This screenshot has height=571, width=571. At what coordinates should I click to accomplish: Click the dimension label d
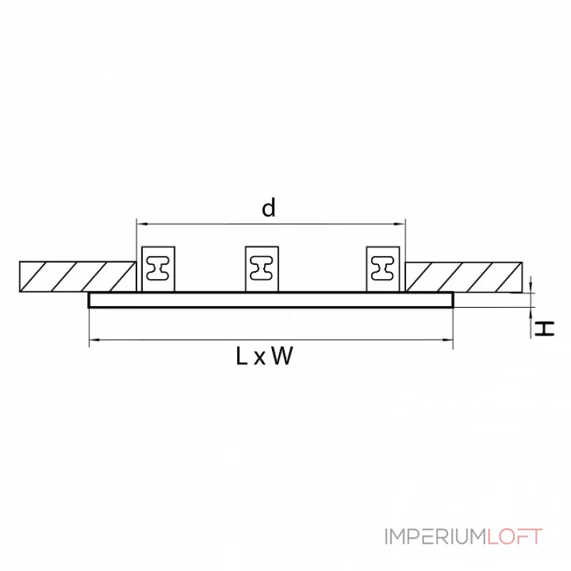click(x=268, y=208)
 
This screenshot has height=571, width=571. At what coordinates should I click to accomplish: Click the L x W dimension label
click(x=264, y=356)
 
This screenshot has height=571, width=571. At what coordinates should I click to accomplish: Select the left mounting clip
click(x=158, y=268)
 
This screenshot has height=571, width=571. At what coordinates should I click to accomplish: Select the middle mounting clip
click(x=261, y=268)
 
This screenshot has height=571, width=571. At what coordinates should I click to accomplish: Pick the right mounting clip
click(x=383, y=268)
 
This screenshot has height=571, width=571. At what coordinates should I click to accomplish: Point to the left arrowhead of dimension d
click(x=141, y=224)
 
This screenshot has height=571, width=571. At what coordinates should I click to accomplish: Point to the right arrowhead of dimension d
click(x=401, y=224)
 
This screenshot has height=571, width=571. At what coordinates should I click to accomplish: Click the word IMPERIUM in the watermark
click(x=435, y=537)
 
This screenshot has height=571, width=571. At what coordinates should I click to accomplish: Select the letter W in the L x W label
click(x=282, y=356)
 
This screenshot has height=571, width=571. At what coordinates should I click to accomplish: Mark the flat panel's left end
click(x=91, y=300)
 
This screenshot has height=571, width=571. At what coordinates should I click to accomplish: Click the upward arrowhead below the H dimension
click(x=532, y=311)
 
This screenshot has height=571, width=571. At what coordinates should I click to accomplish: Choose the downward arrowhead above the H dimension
click(x=532, y=288)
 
